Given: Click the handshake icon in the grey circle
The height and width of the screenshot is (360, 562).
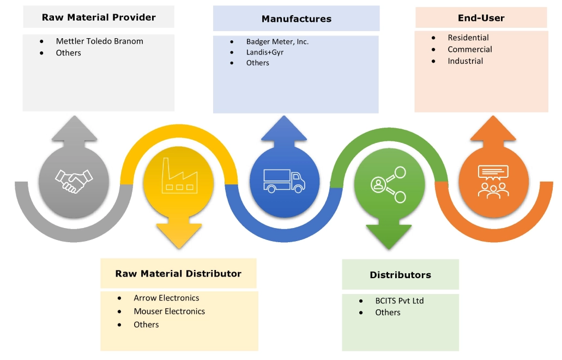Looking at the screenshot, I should (x=74, y=180).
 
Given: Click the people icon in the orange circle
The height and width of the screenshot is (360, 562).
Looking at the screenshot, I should (x=493, y=181).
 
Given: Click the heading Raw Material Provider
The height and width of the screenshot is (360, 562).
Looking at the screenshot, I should (x=99, y=17).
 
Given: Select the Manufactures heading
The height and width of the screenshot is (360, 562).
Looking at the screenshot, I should (x=296, y=19).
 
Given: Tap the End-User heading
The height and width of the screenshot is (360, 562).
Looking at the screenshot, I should (x=481, y=18).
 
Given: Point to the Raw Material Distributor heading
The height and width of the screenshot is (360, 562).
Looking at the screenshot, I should (x=178, y=274).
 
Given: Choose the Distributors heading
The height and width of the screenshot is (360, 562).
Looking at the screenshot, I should (x=400, y=275).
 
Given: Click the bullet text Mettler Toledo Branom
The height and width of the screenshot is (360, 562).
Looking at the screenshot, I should (x=99, y=41).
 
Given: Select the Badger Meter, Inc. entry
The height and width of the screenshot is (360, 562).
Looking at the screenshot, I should (x=277, y=41).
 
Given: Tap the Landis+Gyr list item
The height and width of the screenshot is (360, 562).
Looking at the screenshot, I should (x=264, y=52).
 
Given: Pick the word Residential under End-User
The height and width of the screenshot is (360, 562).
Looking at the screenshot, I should (x=468, y=38).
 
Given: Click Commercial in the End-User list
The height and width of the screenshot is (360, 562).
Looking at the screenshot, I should (x=470, y=49).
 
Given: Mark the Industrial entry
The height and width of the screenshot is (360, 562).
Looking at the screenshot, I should (x=466, y=61).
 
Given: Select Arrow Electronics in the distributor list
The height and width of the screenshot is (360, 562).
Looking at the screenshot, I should (x=166, y=298).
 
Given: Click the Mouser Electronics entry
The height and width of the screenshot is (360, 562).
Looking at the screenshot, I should (x=169, y=311).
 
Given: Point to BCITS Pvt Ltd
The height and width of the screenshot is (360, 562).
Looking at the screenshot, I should (x=399, y=301).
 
